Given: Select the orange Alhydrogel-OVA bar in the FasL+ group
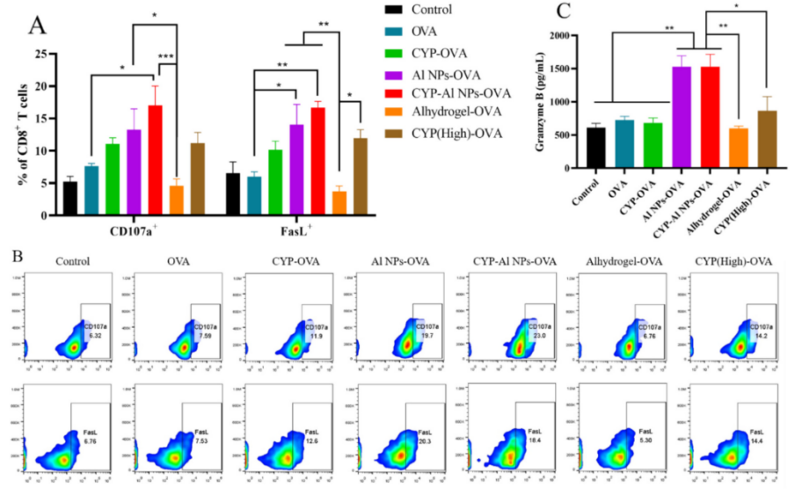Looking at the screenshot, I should (x=339, y=203).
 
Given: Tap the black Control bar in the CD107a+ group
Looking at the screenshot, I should (x=70, y=198).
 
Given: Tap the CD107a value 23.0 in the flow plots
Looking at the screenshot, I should (x=535, y=335).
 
